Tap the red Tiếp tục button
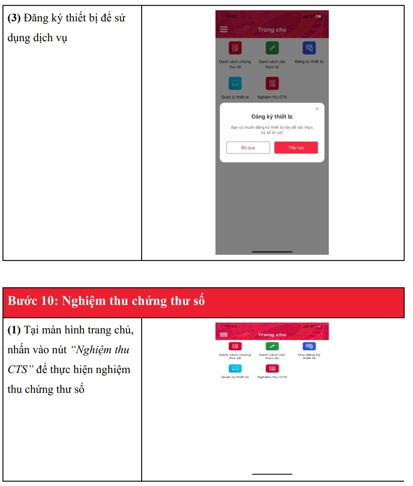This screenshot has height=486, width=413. pos(296,147)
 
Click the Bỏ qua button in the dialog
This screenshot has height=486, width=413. pos(248,147)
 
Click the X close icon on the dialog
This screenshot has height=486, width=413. pos(317,109)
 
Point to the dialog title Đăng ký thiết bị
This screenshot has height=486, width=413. pos(272,117)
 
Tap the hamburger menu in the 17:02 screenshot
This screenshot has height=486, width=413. pos(223,29)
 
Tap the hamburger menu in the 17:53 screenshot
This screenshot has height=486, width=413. pos(223,334)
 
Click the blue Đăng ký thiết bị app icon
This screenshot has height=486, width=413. pos(309,48)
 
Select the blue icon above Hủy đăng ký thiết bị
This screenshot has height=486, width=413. pos(309,346)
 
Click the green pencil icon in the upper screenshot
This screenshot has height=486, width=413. pos(272,48)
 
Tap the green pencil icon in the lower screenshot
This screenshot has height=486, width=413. pos(272,346)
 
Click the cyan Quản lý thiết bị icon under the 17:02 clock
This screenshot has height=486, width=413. pos(235,84)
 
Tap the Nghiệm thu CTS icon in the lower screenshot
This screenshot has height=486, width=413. pos(272,369)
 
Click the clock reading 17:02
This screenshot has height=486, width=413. pos(231,16)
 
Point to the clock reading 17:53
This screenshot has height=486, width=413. pos(231,326)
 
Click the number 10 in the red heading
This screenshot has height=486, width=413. pos(48,301)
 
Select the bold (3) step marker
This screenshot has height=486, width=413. pos(14,18)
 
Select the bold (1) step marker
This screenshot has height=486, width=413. pos(14,330)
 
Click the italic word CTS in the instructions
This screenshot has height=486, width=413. pos(18,370)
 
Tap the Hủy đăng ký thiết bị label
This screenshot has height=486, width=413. pos(309,356)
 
